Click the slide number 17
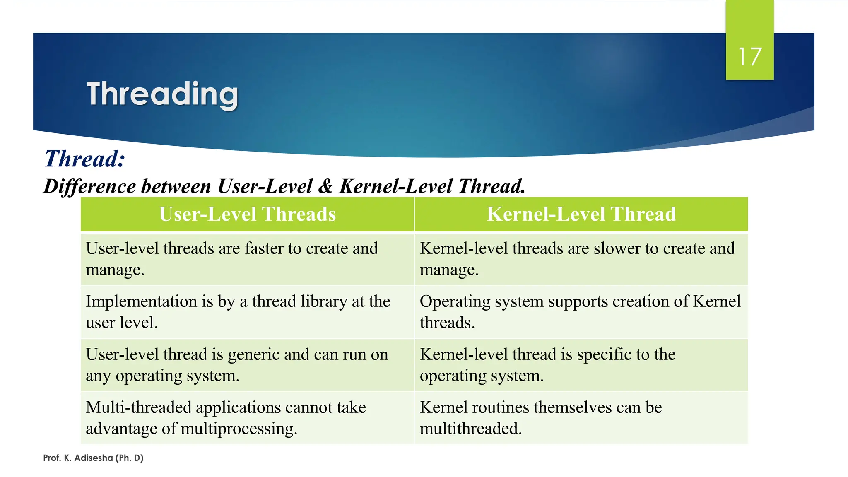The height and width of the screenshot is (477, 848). pyautogui.click(x=749, y=57)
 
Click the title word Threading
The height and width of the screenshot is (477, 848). pyautogui.click(x=162, y=95)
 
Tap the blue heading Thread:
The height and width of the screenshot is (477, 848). pyautogui.click(x=84, y=159)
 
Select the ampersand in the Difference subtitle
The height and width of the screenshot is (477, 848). pyautogui.click(x=326, y=186)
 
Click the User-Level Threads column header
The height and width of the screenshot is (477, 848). pyautogui.click(x=247, y=214)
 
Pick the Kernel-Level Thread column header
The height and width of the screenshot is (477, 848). pyautogui.click(x=581, y=214)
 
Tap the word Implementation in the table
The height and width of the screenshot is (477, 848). pyautogui.click(x=141, y=301)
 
